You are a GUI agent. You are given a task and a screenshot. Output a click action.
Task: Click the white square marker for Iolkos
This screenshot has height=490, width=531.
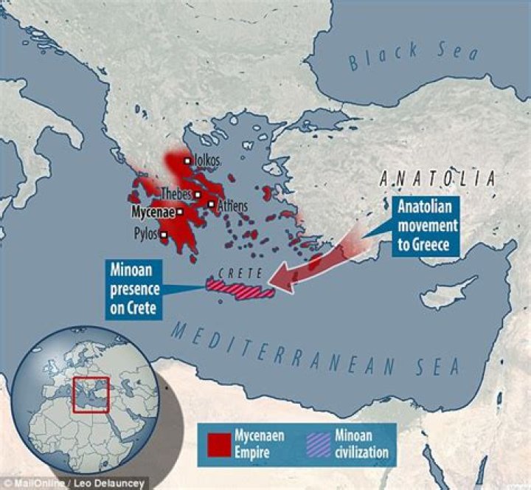188,161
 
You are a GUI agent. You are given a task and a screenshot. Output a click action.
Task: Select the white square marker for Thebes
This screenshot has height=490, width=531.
198,194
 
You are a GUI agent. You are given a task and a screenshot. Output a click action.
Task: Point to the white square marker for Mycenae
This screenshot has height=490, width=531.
180,212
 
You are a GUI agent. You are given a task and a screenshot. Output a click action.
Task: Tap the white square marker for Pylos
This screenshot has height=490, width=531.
164,235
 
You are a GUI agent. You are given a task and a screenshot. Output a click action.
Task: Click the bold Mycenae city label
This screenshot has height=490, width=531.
153,212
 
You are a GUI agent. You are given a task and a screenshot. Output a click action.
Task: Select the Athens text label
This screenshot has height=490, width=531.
232,206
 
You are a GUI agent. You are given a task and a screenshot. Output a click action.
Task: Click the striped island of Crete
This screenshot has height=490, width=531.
240,289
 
